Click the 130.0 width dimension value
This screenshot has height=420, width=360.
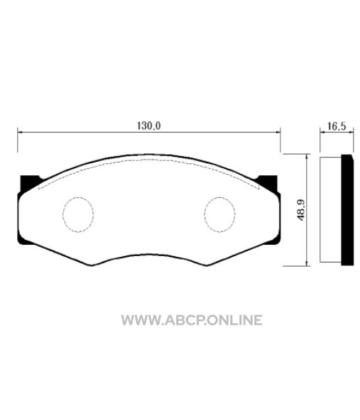click(149, 126)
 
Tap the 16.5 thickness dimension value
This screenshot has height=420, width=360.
click(337, 126)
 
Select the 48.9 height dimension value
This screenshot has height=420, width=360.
click(301, 210)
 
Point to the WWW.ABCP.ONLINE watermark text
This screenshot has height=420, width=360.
click(192, 320)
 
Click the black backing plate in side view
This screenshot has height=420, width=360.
click(347, 210)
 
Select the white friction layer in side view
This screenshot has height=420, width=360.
click(330, 210)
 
